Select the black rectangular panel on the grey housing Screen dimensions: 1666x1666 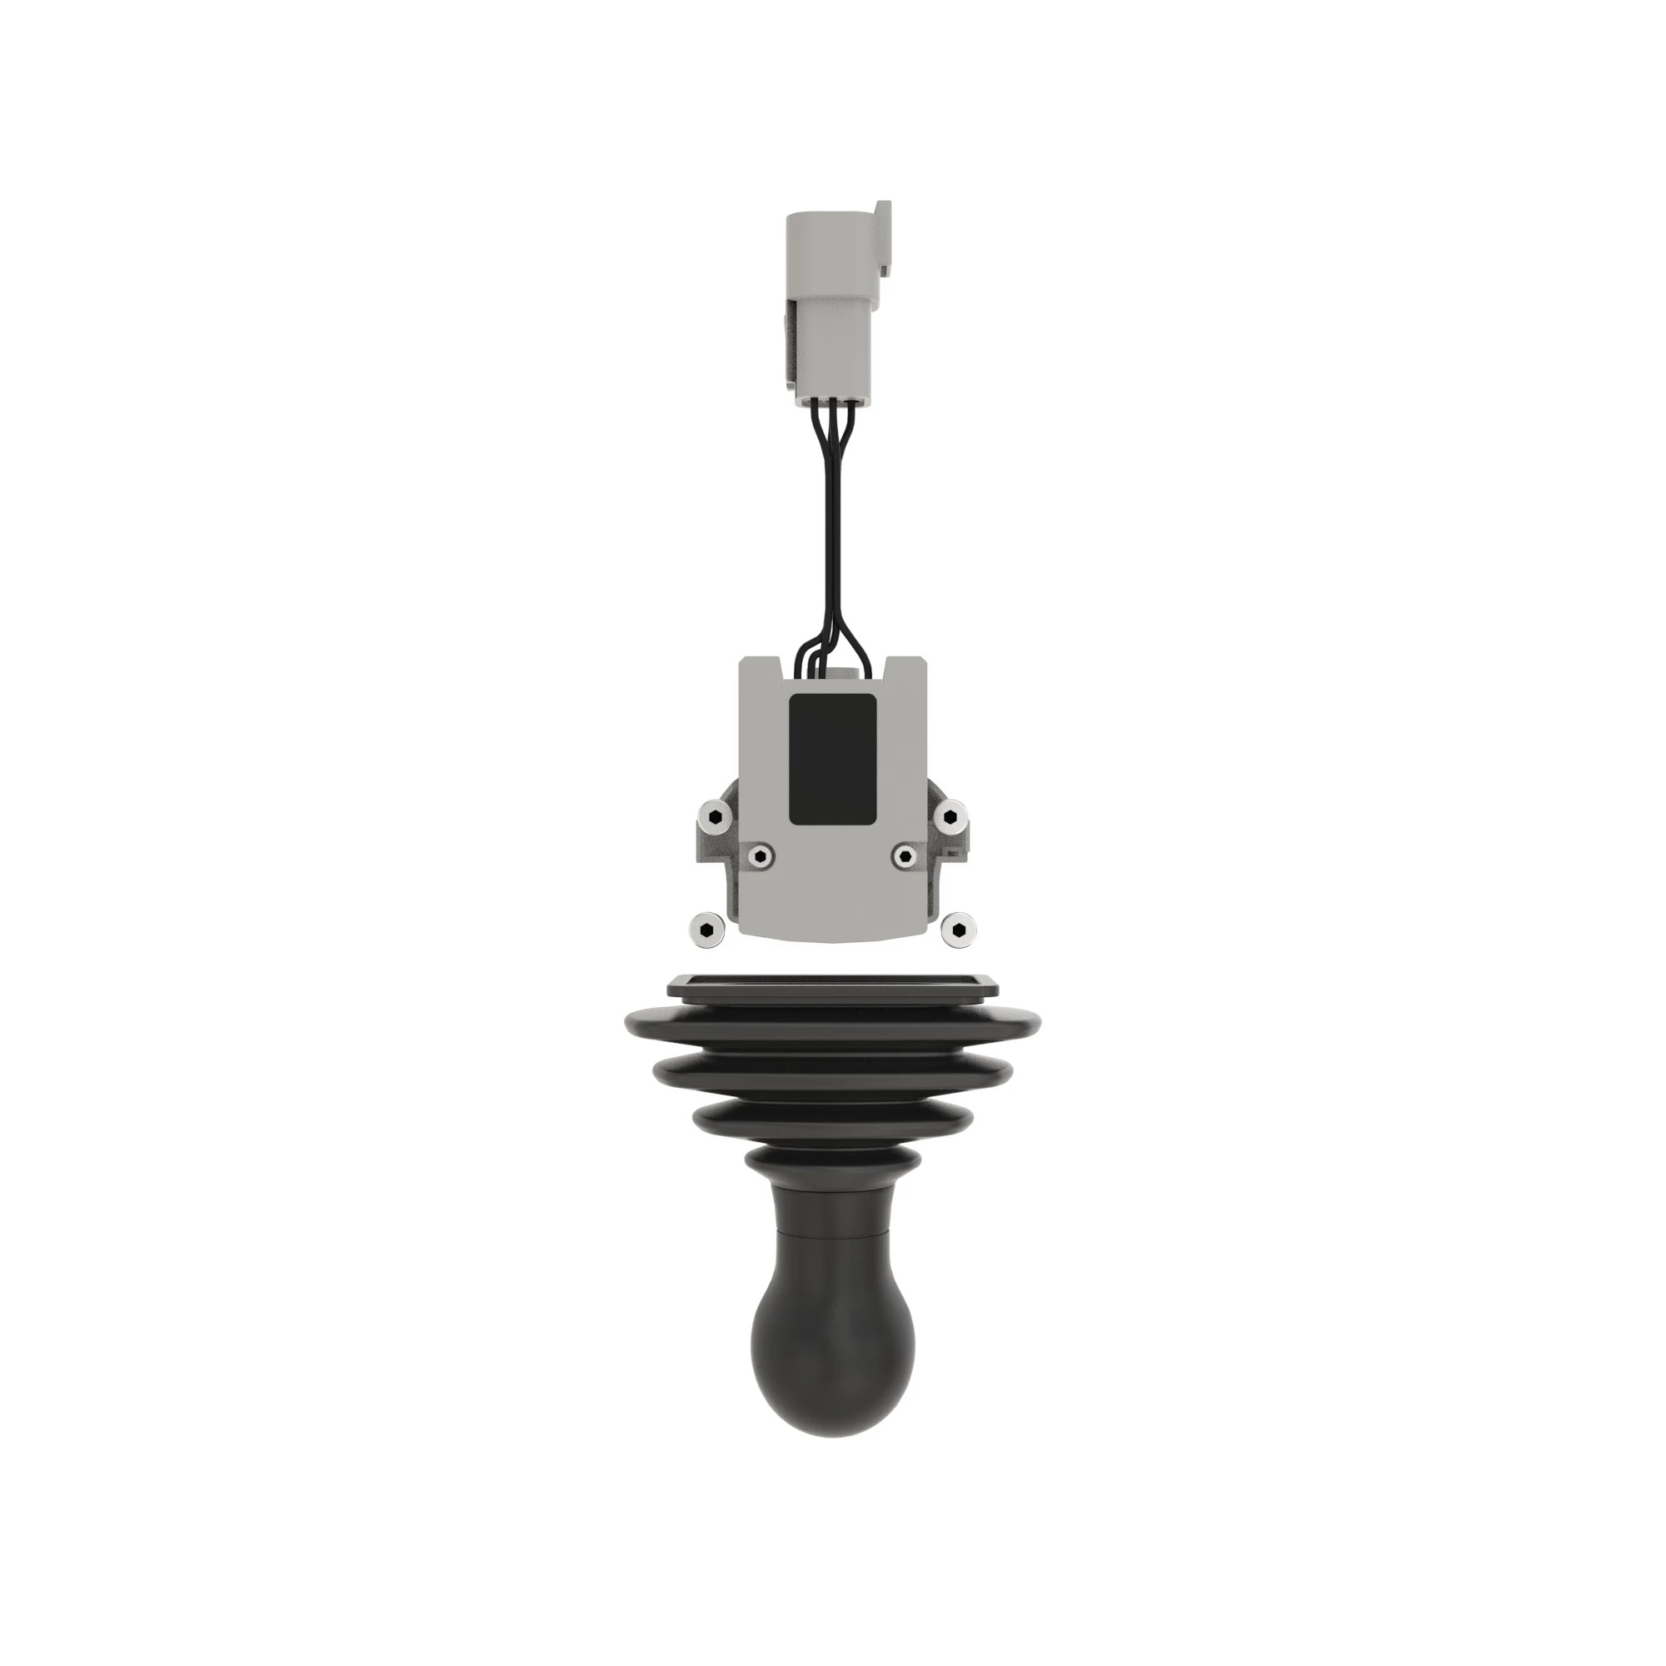pos(832,759)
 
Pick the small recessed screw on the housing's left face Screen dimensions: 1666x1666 pos(760,855)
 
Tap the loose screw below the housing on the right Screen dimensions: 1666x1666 pos(956,929)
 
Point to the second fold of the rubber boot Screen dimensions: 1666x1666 pos(832,1074)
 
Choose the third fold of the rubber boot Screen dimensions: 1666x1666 pos(832,1119)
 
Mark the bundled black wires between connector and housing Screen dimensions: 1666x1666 pos(831,535)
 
